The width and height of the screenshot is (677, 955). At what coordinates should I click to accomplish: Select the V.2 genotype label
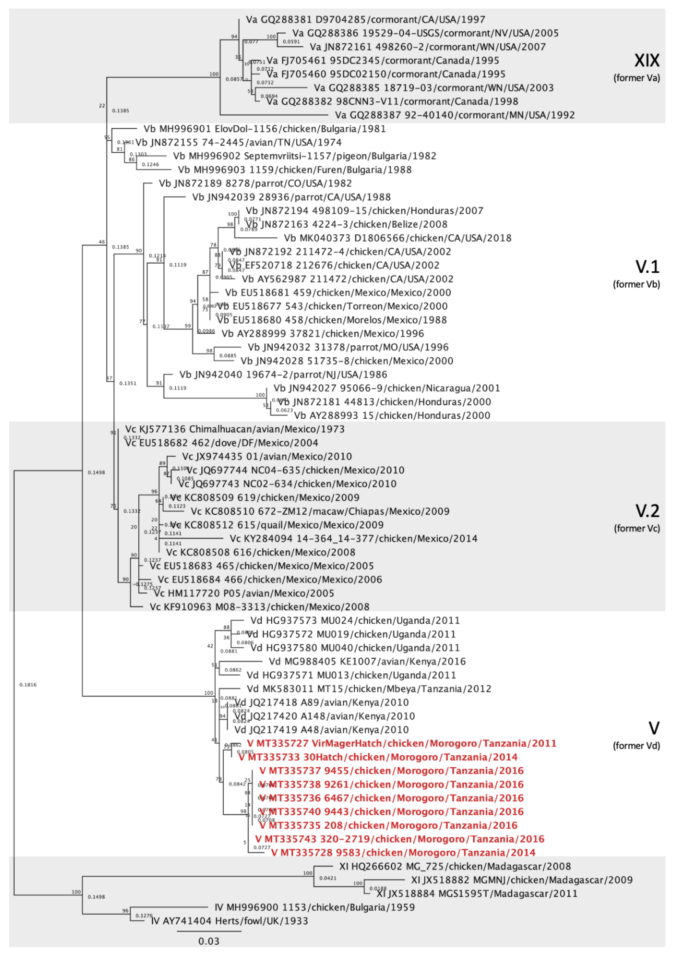[647, 511]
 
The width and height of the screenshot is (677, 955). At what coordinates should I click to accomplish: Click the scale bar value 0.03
[208, 941]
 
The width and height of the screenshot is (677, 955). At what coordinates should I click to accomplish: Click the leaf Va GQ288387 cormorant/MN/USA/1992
[454, 115]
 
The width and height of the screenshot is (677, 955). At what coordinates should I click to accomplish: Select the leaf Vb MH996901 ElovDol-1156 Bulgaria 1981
[264, 129]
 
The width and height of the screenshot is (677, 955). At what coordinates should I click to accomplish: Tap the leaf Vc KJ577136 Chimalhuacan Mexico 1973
[235, 429]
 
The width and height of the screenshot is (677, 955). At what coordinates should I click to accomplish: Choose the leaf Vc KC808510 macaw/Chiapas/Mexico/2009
[320, 511]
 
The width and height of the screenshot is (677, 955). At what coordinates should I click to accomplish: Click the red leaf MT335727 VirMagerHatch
[401, 743]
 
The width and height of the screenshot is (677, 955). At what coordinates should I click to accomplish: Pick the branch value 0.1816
[28, 685]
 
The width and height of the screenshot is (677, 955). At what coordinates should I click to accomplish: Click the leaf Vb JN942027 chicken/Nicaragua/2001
[386, 388]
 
